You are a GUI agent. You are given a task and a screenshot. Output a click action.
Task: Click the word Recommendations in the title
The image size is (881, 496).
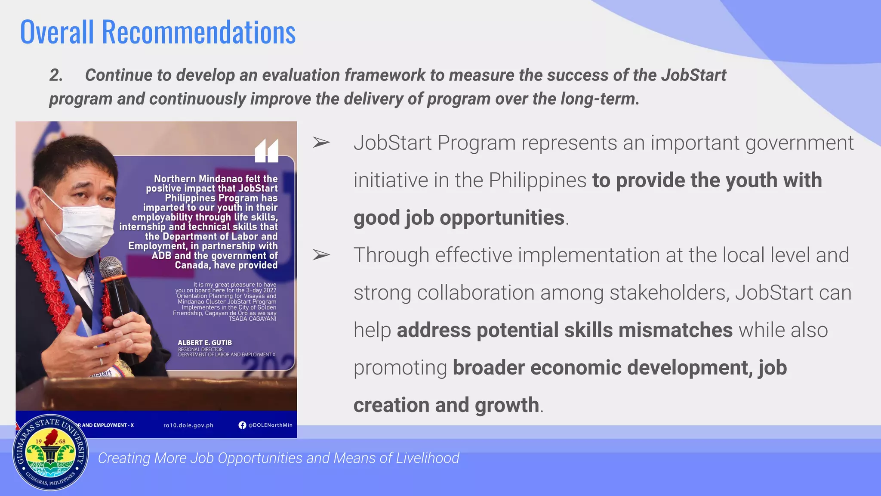click(x=198, y=32)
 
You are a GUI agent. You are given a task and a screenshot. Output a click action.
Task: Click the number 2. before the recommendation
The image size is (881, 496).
click(x=56, y=75)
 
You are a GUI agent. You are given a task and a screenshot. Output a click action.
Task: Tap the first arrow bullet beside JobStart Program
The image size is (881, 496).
click(x=321, y=143)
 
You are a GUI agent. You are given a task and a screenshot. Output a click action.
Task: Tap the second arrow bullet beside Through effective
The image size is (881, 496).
click(x=321, y=255)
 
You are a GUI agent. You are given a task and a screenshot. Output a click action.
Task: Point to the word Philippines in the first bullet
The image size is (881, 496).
click(x=538, y=180)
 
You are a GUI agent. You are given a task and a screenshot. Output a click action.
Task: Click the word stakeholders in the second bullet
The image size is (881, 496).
click(x=669, y=293)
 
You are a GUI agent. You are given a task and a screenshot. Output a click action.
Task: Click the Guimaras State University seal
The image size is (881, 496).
click(x=50, y=453)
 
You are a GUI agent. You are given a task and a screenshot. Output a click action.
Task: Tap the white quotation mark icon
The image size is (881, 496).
click(x=267, y=151)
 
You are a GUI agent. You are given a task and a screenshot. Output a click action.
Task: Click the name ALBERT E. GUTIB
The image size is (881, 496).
click(x=205, y=343)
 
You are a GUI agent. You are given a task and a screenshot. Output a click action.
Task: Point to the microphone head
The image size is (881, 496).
click(x=111, y=267)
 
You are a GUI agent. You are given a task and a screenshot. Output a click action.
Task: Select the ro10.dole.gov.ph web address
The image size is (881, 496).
click(x=188, y=425)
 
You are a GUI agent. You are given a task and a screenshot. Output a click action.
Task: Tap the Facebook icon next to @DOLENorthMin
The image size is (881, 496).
click(x=243, y=425)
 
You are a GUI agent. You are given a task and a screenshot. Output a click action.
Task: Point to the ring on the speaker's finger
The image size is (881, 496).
click(x=101, y=361)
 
